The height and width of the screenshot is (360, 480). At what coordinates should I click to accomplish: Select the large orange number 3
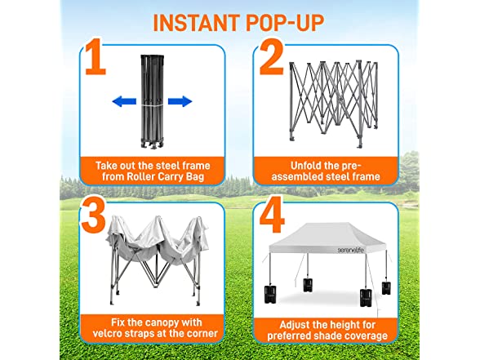pyautogui.click(x=93, y=216)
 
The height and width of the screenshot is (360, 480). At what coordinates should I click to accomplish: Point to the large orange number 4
pyautogui.click(x=272, y=215)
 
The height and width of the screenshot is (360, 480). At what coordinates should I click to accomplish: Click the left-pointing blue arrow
pyautogui.click(x=124, y=101)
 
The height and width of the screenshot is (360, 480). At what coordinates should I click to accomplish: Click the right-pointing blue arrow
pyautogui.click(x=180, y=101)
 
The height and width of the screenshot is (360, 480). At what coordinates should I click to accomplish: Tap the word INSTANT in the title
pyautogui.click(x=196, y=23)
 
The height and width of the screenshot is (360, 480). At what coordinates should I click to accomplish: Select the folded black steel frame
pyautogui.click(x=152, y=102)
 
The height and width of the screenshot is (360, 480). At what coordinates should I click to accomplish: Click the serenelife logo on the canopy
pyautogui.click(x=350, y=250)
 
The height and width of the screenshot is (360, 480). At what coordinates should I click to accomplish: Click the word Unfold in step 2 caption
pyautogui.click(x=304, y=166)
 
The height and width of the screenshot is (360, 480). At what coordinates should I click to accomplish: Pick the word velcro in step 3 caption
pyautogui.click(x=107, y=333)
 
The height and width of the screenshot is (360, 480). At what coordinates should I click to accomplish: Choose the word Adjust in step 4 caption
pyautogui.click(x=294, y=325)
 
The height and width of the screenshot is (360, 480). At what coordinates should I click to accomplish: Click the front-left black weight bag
pyautogui.click(x=270, y=295)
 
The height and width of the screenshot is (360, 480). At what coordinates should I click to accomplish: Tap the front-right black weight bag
pyautogui.click(x=367, y=297)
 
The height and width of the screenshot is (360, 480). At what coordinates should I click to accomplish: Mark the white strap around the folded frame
pyautogui.click(x=152, y=105)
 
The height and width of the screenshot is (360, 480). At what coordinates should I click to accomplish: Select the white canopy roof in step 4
pyautogui.click(x=327, y=238)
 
